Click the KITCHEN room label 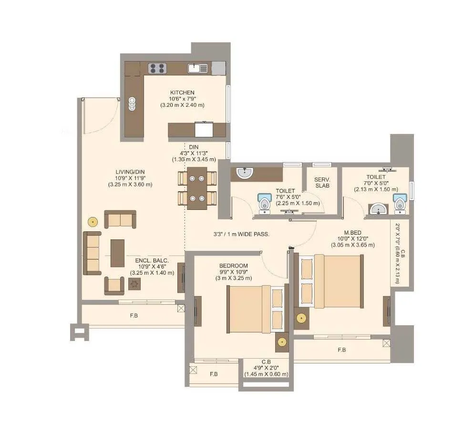pos(182,93)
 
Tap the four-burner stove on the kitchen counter pos(157,68)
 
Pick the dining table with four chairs pos(197,187)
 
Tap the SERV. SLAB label pos(322,182)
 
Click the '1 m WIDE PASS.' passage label pos(241,234)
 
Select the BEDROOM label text pos(234,266)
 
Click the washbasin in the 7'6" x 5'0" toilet pos(245,173)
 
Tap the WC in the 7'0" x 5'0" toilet pos(400,204)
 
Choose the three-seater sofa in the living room pos(92,253)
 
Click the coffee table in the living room pos(117,253)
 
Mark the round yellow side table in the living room pos(93,222)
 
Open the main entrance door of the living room pos(100,115)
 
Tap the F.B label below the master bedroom pos(341,350)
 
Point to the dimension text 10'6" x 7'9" pos(182,99)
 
